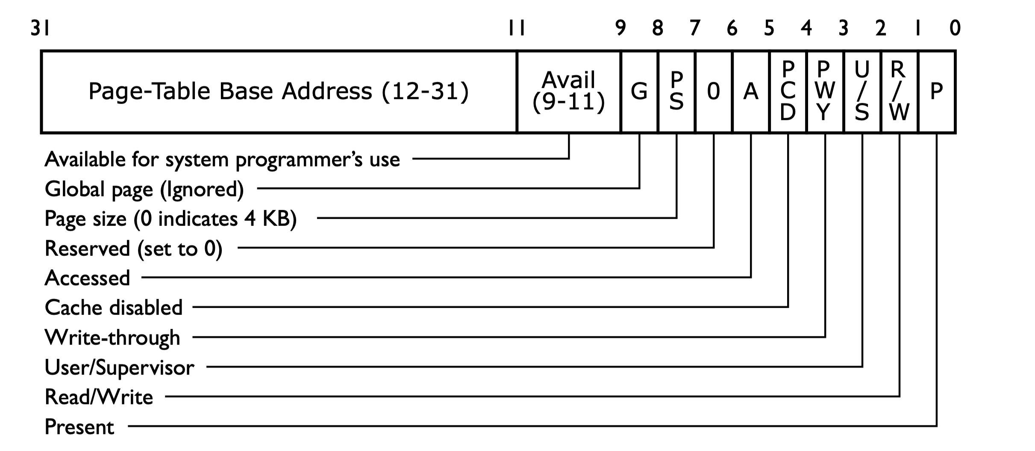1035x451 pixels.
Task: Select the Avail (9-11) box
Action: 568,92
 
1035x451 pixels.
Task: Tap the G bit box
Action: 639,92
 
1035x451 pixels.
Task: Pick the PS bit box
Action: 676,92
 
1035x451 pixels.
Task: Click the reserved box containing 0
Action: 713,92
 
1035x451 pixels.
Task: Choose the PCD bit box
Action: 788,92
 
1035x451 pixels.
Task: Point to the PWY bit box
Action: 825,92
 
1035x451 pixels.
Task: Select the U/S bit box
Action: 862,92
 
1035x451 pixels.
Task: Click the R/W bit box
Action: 899,92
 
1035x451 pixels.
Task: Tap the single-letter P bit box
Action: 936,92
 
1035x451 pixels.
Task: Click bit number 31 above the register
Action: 40,28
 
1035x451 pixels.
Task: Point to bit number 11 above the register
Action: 516,28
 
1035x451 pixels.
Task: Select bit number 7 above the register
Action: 695,28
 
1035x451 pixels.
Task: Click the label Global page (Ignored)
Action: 144,189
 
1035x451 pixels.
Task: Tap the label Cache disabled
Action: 114,308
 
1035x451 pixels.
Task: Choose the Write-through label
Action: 112,338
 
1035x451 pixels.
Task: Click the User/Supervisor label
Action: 120,368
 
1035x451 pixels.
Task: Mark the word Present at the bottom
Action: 79,427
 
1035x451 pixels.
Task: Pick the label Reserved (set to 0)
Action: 133,249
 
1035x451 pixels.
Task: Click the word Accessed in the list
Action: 88,278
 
